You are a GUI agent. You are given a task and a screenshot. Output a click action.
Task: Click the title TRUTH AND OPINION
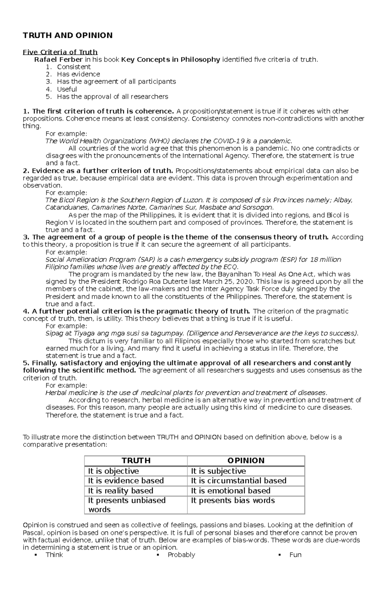click(x=67, y=35)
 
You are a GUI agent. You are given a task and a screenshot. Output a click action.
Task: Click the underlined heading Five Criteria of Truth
click(x=60, y=52)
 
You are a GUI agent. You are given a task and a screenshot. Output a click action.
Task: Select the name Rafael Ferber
click(x=58, y=60)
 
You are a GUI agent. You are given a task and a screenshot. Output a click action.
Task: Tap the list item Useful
click(x=67, y=89)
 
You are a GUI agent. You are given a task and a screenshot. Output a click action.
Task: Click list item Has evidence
click(x=78, y=74)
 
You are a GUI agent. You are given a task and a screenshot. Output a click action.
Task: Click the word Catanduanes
click(x=66, y=208)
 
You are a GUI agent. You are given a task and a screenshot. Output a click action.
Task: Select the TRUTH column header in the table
click(x=136, y=461)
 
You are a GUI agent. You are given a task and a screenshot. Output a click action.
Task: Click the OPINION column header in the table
click(x=246, y=461)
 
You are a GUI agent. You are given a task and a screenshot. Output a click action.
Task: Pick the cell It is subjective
click(x=218, y=471)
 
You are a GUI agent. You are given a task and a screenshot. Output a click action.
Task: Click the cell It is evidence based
click(x=126, y=481)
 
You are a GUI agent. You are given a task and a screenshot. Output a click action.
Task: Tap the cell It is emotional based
click(x=230, y=491)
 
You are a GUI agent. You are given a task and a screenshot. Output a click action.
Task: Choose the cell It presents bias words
click(x=233, y=501)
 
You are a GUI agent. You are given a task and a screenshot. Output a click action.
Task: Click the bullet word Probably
click(x=181, y=555)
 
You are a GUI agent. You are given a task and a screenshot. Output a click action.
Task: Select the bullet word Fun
click(x=295, y=555)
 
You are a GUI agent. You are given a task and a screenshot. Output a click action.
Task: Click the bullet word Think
click(x=54, y=555)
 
